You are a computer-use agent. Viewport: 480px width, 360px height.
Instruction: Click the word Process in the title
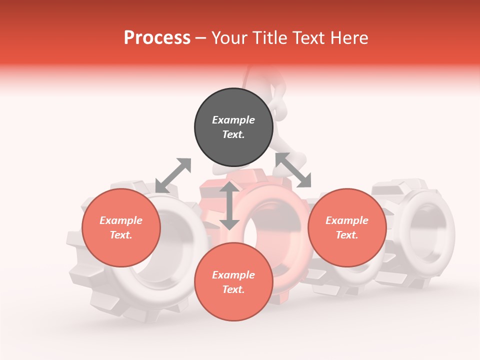tap(157, 38)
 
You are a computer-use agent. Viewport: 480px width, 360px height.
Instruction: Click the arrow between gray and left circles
tap(173, 175)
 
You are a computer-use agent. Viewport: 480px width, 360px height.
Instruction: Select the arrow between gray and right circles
tap(293, 170)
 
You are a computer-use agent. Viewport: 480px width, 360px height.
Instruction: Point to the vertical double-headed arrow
tap(229, 205)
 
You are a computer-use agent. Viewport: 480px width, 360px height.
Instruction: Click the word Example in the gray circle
tap(233, 120)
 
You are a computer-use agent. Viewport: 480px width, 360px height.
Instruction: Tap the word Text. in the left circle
tap(121, 235)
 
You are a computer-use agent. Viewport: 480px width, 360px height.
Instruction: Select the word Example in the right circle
tap(347, 220)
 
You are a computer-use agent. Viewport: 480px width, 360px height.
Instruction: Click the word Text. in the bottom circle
tap(233, 289)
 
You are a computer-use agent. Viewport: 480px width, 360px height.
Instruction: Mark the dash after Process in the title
tap(201, 38)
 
